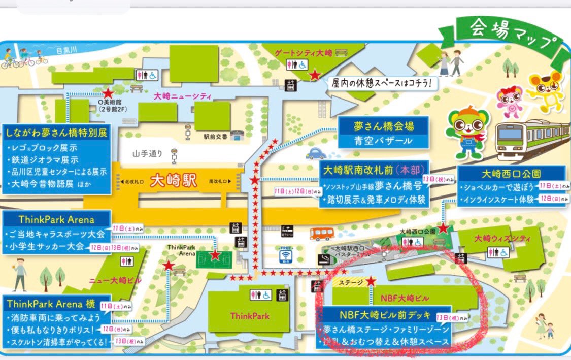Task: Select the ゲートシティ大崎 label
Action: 304,52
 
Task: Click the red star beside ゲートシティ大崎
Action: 315,76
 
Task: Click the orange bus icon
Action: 322,233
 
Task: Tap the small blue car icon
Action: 316,153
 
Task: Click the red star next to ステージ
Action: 371,281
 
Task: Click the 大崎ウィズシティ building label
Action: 502,238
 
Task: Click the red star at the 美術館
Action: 108,93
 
